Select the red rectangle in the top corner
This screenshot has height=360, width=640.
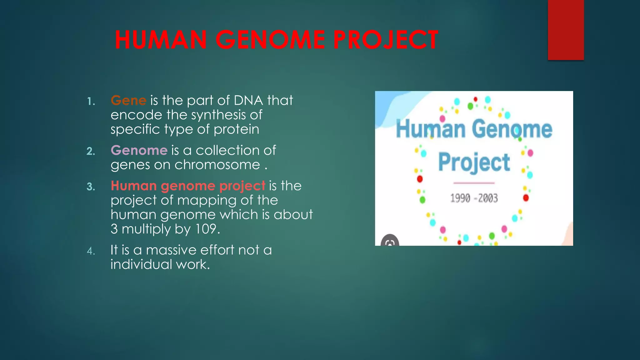[566, 30]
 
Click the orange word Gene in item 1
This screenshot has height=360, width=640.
[128, 100]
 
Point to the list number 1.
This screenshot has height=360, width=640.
[91, 102]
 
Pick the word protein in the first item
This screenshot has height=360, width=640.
[236, 129]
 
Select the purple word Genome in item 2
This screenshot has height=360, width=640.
[139, 150]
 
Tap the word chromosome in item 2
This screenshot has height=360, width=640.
[217, 165]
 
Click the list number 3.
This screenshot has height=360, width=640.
[91, 187]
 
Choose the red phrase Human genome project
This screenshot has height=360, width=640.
[188, 186]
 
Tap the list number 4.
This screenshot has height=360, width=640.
[91, 251]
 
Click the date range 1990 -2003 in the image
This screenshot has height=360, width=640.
[474, 198]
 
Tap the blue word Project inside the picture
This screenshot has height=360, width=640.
[474, 162]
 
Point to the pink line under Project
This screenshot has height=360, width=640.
[474, 183]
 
